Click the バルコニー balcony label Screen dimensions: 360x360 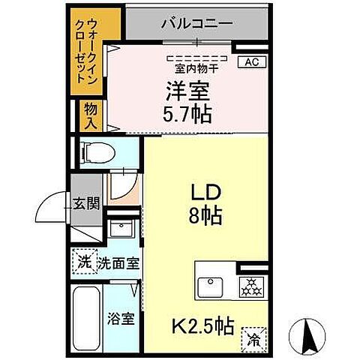(x=196, y=22)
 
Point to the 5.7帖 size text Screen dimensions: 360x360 (x=187, y=114)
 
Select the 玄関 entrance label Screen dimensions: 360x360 (x=87, y=202)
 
